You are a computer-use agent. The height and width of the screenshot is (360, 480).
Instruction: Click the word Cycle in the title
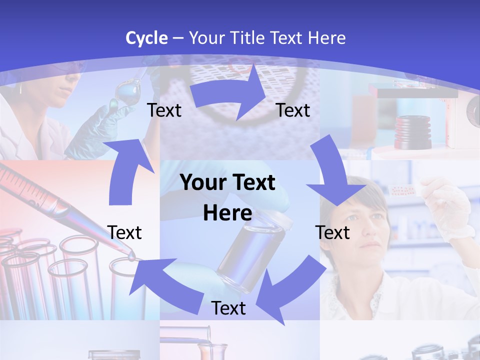(146, 37)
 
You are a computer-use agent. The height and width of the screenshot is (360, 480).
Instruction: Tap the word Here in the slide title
(326, 37)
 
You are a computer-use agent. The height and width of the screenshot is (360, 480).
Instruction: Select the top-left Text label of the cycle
(164, 110)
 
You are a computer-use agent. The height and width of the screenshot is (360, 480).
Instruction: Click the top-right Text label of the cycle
(293, 110)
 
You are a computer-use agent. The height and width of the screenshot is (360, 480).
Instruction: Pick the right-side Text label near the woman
(332, 232)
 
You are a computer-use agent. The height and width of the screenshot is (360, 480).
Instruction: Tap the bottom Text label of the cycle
(228, 308)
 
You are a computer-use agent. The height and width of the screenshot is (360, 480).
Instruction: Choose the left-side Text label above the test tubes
(124, 232)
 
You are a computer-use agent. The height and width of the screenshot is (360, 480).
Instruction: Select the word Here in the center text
(227, 213)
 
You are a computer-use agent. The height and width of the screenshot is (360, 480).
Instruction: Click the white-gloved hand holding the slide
(450, 205)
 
